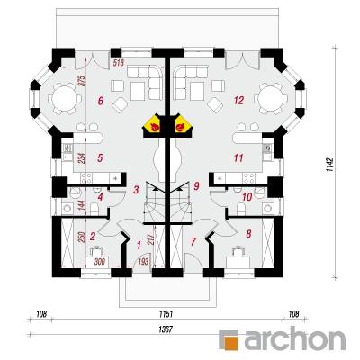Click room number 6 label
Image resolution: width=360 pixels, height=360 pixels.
click(x=101, y=101)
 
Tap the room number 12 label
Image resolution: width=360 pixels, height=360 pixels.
click(x=239, y=101)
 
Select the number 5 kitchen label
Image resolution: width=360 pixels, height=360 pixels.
click(x=101, y=157)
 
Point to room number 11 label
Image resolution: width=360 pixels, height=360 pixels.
click(x=238, y=157)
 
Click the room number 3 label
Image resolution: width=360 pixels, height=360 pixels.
click(x=136, y=190)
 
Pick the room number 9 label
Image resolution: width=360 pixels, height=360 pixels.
click(x=196, y=186)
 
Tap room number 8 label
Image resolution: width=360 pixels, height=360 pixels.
click(x=248, y=234)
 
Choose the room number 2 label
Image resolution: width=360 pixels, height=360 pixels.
click(x=93, y=237)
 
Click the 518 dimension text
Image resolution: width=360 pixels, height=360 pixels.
click(x=119, y=62)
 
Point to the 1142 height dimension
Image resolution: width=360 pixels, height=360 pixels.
click(x=330, y=165)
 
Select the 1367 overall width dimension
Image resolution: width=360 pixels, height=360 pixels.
click(x=166, y=329)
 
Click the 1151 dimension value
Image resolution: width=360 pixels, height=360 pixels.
click(x=166, y=314)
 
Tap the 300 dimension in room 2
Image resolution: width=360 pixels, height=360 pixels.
click(x=100, y=262)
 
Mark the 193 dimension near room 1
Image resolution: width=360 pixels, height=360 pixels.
click(x=143, y=262)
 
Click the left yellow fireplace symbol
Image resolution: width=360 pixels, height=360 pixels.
click(x=153, y=126)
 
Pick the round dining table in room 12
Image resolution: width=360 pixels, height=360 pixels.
click(x=271, y=98)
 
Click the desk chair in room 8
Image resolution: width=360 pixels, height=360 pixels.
click(x=238, y=252)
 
